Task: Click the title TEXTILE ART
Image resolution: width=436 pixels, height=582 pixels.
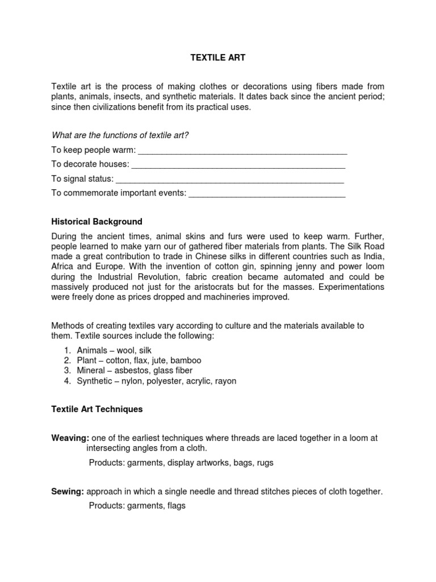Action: coord(217,57)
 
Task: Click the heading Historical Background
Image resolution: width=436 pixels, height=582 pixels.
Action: coord(97,221)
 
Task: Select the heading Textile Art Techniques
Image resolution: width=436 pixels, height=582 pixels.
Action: coord(97,409)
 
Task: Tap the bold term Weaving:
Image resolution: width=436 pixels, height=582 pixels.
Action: coord(70,438)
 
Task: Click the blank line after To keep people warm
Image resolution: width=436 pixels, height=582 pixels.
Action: coord(242,151)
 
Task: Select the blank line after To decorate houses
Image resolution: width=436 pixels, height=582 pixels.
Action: coord(238,165)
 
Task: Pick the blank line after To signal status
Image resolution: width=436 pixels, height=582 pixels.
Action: coord(230,179)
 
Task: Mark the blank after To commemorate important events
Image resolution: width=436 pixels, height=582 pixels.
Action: coord(267,193)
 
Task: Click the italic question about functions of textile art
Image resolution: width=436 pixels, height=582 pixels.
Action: coord(120,135)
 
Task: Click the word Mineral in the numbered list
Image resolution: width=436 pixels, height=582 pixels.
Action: coord(91,371)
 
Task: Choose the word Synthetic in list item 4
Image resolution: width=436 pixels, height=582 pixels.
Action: coord(95,381)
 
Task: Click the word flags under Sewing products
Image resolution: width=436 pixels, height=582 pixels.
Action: coord(176,505)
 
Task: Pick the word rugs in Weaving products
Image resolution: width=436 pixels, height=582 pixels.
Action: coord(265,462)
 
